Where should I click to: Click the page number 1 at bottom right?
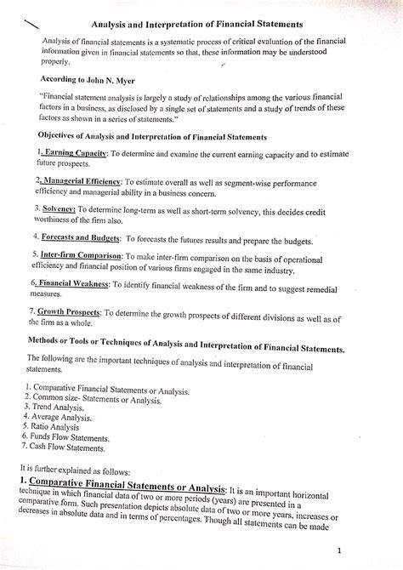tap(386, 550)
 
